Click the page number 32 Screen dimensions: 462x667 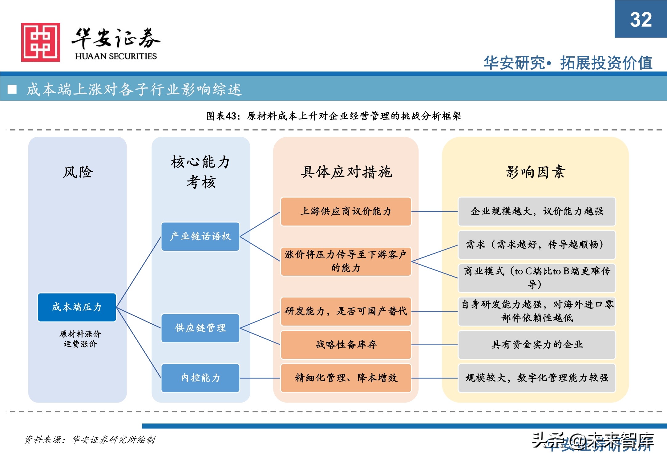[641, 19]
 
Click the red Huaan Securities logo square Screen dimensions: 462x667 [40, 42]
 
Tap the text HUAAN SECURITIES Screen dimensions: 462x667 [116, 56]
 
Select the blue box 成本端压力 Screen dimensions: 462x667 [77, 307]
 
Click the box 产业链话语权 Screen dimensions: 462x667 [200, 236]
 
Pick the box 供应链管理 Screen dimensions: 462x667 [200, 328]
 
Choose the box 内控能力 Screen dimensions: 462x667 [200, 378]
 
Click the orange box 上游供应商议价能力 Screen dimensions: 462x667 [346, 212]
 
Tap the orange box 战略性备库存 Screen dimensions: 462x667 [346, 345]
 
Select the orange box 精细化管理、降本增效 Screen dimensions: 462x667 [346, 378]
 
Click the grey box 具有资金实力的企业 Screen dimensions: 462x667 [536, 345]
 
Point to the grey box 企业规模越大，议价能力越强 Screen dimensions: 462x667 [536, 212]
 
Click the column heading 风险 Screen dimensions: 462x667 [78, 172]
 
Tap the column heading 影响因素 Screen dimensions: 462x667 [535, 172]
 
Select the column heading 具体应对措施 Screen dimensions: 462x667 [346, 172]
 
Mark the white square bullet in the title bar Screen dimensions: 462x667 [12, 89]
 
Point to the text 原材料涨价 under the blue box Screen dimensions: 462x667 [80, 334]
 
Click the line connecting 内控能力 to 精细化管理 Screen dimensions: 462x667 [260, 378]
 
